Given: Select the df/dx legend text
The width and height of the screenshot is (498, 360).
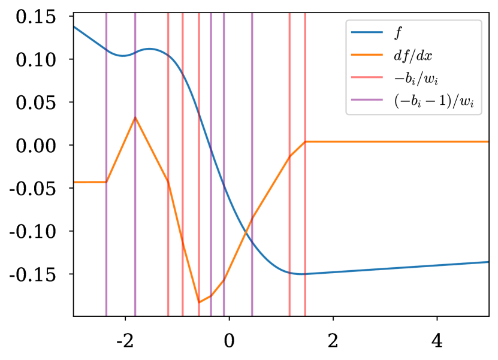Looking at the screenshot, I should click(413, 56).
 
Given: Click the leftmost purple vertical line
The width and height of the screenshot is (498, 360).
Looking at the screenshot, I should click(106, 240).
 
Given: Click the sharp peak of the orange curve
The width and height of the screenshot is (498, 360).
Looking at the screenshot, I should click(135, 117).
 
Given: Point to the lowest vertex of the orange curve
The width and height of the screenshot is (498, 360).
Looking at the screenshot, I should click(199, 302).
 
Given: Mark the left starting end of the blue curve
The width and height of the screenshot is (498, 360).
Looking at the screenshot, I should click(75, 27).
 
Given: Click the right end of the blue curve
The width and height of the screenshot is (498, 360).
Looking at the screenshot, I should click(488, 262).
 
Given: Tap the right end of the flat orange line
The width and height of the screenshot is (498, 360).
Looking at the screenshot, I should click(488, 141).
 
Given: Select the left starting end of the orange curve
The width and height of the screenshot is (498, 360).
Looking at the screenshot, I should click(75, 181).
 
